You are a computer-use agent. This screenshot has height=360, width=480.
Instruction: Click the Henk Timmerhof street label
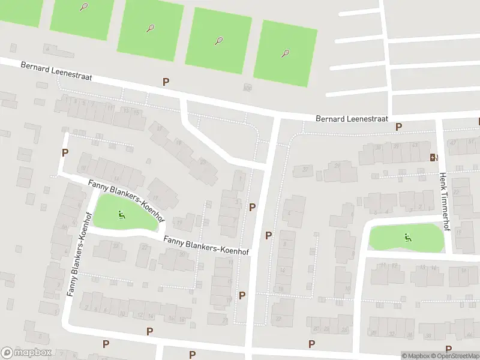pyautogui.click(x=444, y=202)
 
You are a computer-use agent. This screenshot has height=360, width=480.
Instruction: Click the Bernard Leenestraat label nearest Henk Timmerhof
pyautogui.click(x=352, y=119)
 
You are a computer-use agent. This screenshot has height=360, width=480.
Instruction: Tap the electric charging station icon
pyautogui.click(x=433, y=158)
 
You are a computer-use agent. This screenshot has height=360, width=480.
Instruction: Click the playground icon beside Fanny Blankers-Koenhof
pyautogui.click(x=121, y=214)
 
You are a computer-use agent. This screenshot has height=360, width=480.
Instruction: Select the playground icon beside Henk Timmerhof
pyautogui.click(x=408, y=237)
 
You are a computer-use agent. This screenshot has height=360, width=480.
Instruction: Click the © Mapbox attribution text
pyautogui.click(x=415, y=356)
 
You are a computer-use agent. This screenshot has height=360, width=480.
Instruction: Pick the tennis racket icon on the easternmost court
pyautogui.click(x=285, y=53)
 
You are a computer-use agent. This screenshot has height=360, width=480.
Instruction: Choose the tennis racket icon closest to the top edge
pyautogui.click(x=83, y=7)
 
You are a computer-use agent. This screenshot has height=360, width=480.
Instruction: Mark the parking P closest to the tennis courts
pyautogui.click(x=166, y=82)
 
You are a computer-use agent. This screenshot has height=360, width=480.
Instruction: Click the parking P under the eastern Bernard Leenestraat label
pyautogui.click(x=398, y=127)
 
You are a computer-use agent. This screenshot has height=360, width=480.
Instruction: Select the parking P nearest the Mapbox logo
pyautogui.click(x=106, y=344)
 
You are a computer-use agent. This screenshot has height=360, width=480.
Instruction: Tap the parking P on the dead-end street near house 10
pyautogui.click(x=65, y=153)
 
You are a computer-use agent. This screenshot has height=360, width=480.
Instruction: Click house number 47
pyautogui.click(x=453, y=143)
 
